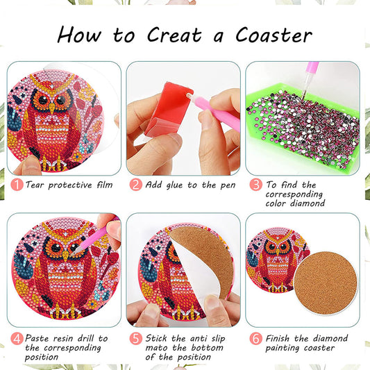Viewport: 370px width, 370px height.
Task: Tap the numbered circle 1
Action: (x=15, y=185)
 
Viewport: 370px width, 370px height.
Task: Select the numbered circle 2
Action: (x=135, y=185)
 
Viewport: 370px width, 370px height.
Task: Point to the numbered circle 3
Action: (x=255, y=185)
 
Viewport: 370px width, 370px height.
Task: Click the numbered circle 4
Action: (x=15, y=338)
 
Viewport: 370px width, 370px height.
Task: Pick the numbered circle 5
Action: (x=135, y=338)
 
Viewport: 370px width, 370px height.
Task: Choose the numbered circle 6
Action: (x=255, y=338)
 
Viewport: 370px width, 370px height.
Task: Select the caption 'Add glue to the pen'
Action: (x=190, y=185)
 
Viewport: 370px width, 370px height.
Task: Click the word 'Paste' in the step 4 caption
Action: (x=40, y=338)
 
